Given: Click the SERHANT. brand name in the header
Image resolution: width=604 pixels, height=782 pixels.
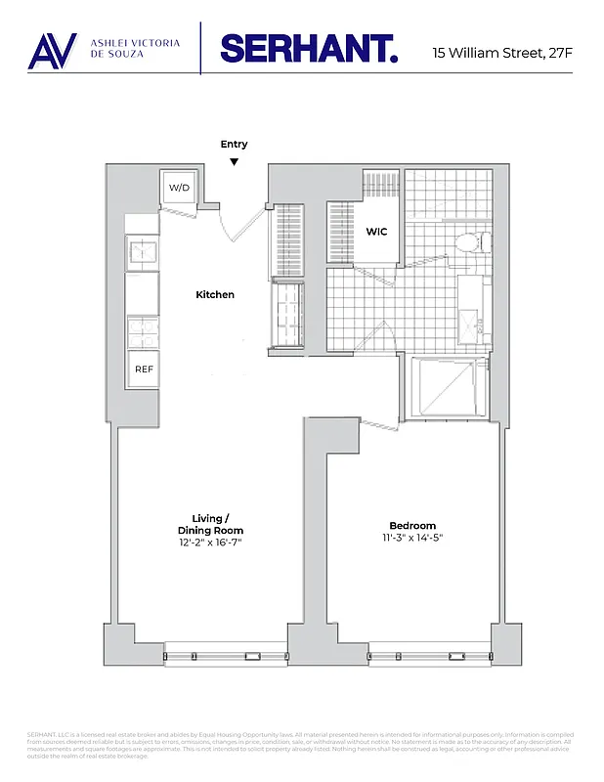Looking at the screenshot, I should (309, 49).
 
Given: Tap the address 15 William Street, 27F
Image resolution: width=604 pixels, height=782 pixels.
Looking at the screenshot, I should (501, 52).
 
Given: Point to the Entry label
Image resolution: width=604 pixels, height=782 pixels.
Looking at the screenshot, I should (234, 145).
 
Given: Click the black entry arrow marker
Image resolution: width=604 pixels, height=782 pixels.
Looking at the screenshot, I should (234, 161).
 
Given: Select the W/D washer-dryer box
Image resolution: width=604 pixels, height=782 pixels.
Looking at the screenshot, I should (179, 187).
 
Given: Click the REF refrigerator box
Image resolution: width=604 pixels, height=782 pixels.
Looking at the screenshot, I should (143, 369).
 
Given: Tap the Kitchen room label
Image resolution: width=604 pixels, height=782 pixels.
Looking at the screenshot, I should (215, 294).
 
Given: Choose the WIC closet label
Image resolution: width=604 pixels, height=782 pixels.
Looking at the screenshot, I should (377, 233).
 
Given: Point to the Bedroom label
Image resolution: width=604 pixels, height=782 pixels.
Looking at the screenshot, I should (411, 526).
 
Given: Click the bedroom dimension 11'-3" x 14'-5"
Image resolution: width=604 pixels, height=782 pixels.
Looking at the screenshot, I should (411, 539).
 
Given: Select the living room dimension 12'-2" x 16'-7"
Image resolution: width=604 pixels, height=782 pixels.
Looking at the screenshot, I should (210, 542).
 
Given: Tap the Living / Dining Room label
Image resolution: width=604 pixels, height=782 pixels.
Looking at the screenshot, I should (210, 524).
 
